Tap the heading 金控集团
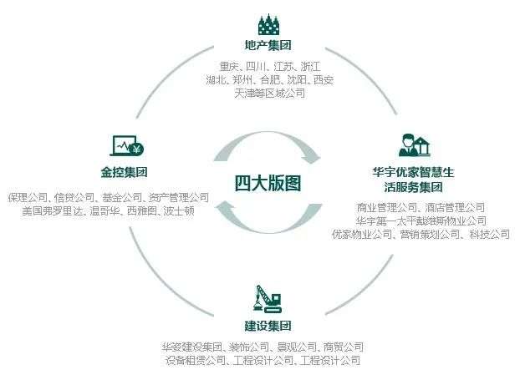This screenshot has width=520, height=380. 124,174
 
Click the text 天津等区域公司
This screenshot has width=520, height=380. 269,94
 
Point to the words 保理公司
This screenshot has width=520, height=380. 28,198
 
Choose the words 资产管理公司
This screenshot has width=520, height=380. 179,198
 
